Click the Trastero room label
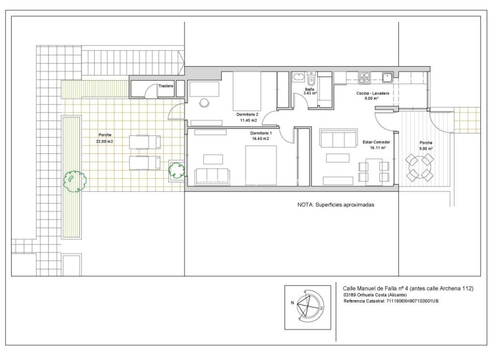165,86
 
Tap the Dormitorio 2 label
247,114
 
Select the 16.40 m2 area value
260,138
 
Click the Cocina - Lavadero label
373,93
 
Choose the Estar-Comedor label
376,142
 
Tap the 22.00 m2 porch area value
105,142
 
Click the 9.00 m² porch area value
426,149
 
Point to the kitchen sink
387,77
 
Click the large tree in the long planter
75,181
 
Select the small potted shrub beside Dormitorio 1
177,170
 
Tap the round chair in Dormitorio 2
204,103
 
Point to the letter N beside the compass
293,303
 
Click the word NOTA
305,205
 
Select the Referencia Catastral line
391,301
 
